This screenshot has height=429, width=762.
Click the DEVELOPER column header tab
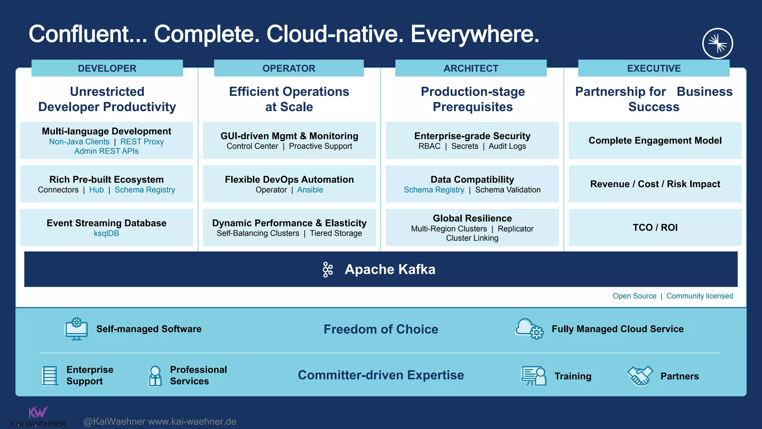[x=107, y=68]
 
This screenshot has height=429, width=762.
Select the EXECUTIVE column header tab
[x=654, y=68]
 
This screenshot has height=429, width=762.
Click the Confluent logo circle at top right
[x=717, y=44]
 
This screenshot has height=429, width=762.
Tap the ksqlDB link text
[x=106, y=233]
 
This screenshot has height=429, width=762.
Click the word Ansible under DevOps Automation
[x=310, y=190]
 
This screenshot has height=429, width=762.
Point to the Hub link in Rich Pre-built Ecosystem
[x=96, y=190]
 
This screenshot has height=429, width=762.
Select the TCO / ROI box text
[x=655, y=228]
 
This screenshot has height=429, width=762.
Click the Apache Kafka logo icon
[x=328, y=270]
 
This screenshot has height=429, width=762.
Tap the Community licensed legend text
[x=699, y=296]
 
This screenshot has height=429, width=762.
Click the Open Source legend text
[x=634, y=296]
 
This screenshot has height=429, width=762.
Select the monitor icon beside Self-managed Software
[x=76, y=329]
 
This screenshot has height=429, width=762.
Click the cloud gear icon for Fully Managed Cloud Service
[x=529, y=329]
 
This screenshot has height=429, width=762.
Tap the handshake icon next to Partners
[x=640, y=376]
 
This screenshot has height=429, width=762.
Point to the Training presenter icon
[x=534, y=376]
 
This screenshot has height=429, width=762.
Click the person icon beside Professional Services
[x=155, y=376]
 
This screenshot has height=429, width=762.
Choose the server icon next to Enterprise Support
[x=49, y=376]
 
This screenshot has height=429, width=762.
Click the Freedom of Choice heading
[x=381, y=329]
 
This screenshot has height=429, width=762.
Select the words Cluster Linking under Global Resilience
[x=472, y=238]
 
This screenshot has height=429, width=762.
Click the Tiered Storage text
[x=336, y=233]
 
